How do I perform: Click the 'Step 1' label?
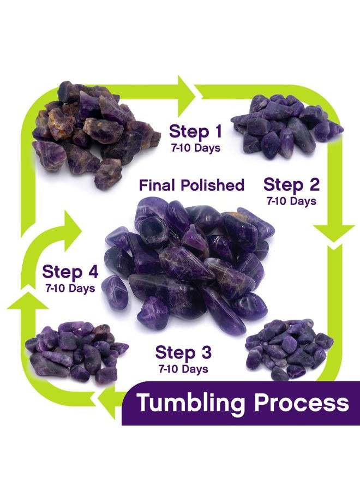[196, 131]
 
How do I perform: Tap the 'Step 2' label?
[291, 185]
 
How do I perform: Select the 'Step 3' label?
[183, 352]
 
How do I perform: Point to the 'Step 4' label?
[70, 272]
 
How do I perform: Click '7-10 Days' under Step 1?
[196, 148]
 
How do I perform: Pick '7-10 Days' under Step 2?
[291, 201]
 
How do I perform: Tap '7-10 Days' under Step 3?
[183, 369]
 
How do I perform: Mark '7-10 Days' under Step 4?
[70, 288]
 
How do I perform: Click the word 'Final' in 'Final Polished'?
[157, 185]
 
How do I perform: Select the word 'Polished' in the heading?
[212, 185]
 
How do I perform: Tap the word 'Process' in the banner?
[302, 403]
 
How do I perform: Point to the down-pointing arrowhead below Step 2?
[334, 233]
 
